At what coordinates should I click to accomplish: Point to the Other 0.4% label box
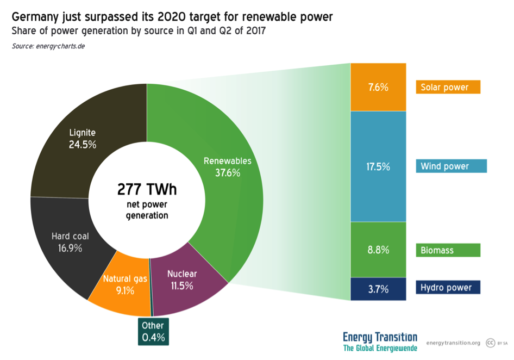pyautogui.click(x=153, y=331)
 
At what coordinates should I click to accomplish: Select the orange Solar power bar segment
pyautogui.click(x=378, y=87)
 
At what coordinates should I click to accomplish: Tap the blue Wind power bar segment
pyautogui.click(x=378, y=166)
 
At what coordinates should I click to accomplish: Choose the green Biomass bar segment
pyautogui.click(x=378, y=250)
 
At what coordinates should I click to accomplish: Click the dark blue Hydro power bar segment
pyautogui.click(x=378, y=288)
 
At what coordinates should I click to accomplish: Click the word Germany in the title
pyautogui.click(x=36, y=17)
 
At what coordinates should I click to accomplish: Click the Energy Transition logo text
pyautogui.click(x=380, y=337)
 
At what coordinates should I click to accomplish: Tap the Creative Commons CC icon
pyautogui.click(x=490, y=343)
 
